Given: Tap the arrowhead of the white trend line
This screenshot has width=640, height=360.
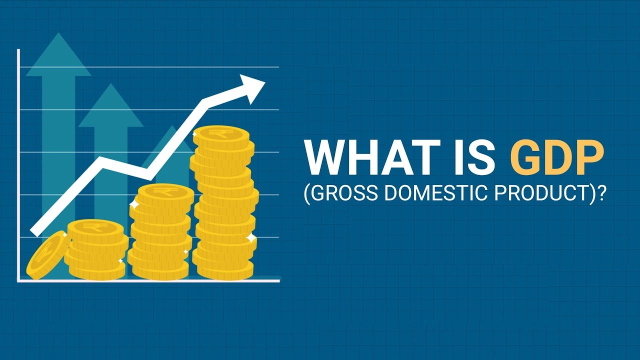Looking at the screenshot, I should [x=252, y=86].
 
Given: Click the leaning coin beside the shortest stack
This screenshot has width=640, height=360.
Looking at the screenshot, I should [x=47, y=255].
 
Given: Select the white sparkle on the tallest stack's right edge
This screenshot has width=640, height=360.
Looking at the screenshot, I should [x=251, y=237].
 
